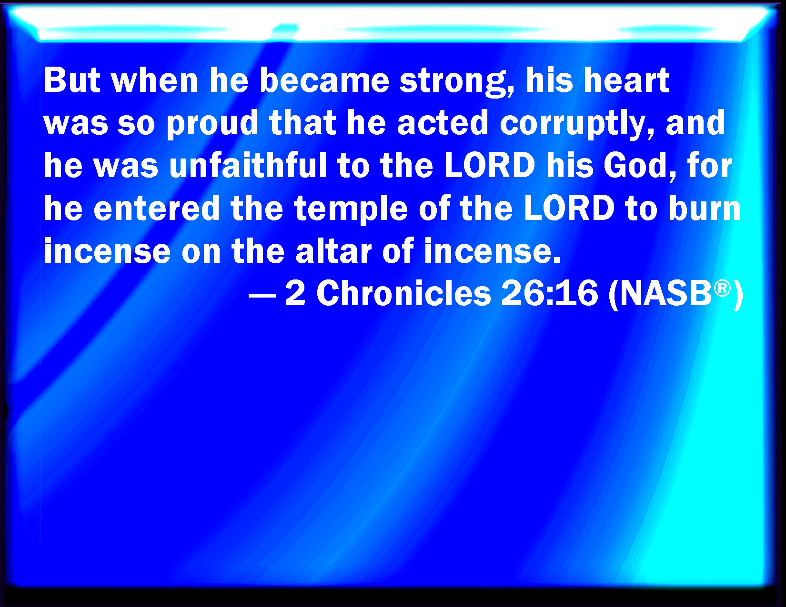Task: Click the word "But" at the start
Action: pos(71,80)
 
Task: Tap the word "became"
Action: pos(324,80)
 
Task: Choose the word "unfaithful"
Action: pos(248,165)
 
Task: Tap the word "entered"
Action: pos(156,208)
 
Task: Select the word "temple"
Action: pos(351,209)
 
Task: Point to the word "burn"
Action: pos(705,208)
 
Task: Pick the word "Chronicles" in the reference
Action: pos(403,293)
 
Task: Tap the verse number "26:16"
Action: pos(550,293)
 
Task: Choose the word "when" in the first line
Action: pos(155,80)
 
